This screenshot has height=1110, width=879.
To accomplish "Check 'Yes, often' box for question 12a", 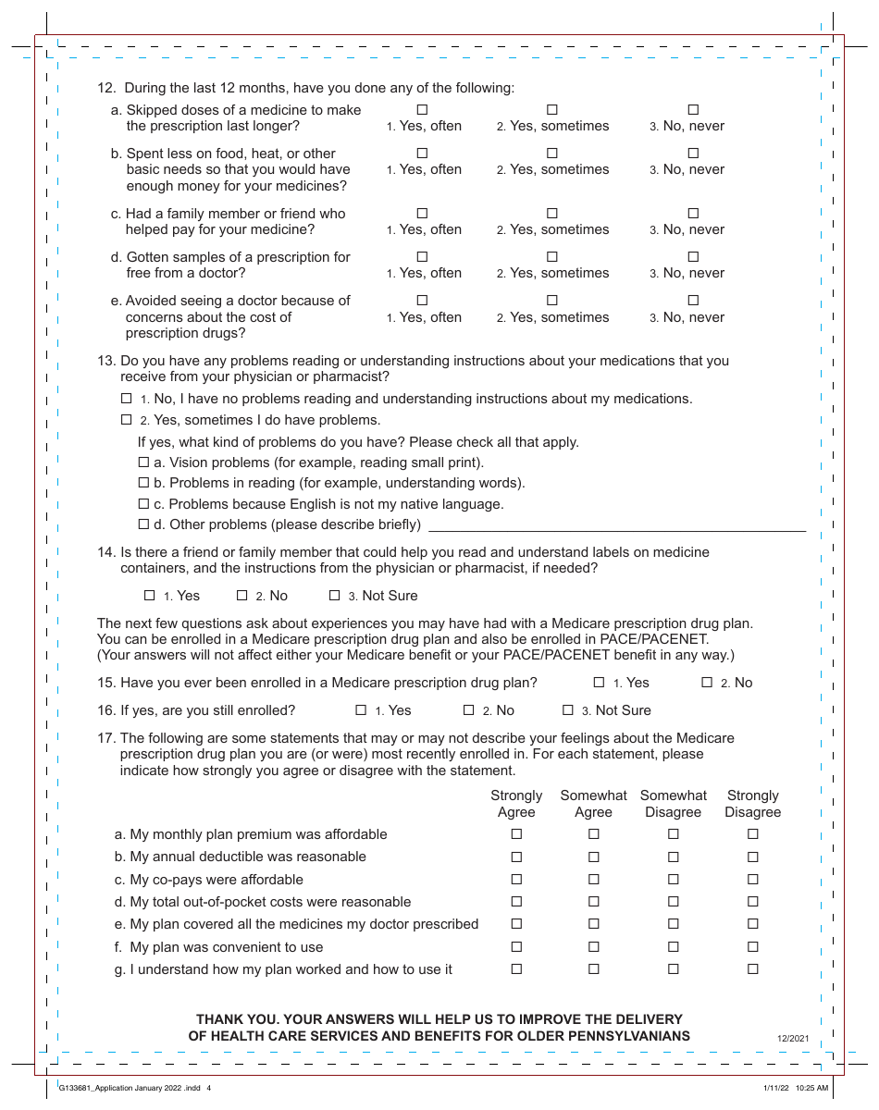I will tap(422, 110).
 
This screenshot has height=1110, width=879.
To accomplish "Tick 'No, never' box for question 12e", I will tap(693, 301).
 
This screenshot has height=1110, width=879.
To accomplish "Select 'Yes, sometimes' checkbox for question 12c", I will tap(552, 214).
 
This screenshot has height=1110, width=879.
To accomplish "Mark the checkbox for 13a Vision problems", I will tap(143, 462).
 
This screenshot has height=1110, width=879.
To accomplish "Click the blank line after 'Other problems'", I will tap(616, 524).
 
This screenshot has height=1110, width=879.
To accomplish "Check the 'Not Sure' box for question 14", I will tap(335, 596).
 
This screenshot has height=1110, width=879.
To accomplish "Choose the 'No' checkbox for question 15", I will tap(707, 683).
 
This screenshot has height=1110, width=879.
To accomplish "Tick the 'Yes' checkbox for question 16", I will tap(362, 710).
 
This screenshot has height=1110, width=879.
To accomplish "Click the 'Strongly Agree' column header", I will tap(516, 804).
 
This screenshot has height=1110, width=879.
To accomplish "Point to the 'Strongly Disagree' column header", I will tap(752, 804).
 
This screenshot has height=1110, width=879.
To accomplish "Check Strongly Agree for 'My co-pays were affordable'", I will tap(516, 880).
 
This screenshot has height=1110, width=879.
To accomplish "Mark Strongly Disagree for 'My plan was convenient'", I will tap(752, 947).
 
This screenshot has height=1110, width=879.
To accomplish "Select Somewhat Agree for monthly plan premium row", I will tap(593, 834).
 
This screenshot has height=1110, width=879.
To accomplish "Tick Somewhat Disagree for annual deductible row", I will tap(673, 857).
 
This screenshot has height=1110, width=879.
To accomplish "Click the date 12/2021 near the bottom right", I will tap(793, 1039).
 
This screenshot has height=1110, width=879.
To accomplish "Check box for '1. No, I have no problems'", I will tap(127, 399).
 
